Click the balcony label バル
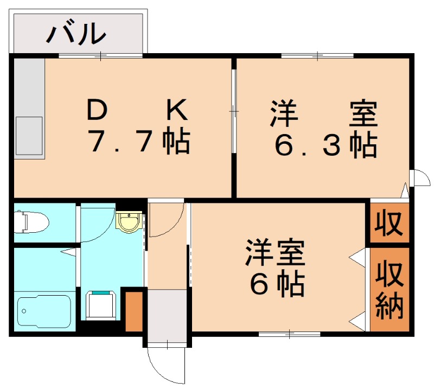click(x=75, y=33)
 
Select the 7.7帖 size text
click(x=139, y=143)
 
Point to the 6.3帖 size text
click(x=325, y=145)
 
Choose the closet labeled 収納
click(x=390, y=289)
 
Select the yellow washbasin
click(x=129, y=221)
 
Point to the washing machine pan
click(x=101, y=305)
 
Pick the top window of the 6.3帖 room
click(x=317, y=55)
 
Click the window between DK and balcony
click(x=100, y=55)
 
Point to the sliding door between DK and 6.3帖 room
click(x=234, y=111)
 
